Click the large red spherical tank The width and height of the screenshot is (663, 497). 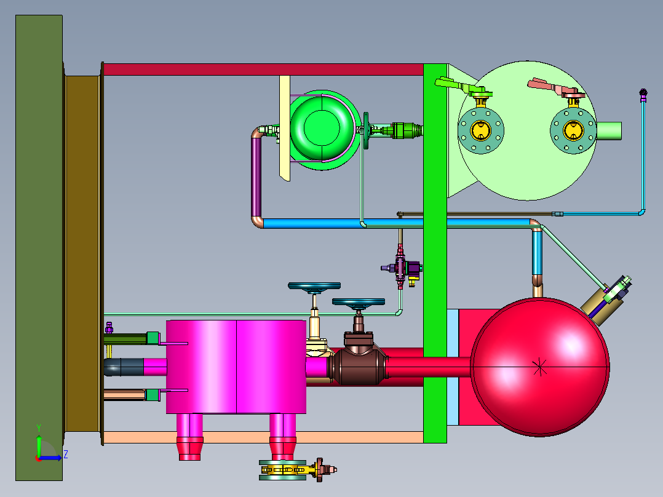point(540,367)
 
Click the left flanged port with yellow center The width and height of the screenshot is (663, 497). point(481,130)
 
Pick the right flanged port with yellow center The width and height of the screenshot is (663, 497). point(573,130)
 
